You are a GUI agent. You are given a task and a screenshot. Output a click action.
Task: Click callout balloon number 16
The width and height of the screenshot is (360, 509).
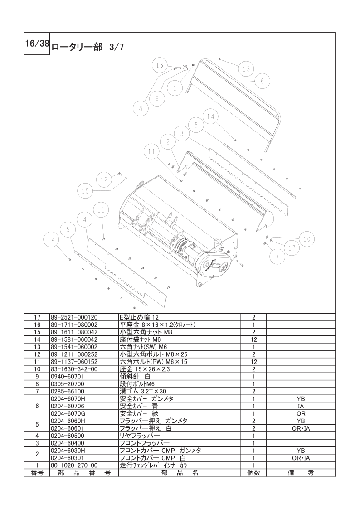point(160,65)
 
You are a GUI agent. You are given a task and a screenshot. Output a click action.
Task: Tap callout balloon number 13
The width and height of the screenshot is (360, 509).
point(246,69)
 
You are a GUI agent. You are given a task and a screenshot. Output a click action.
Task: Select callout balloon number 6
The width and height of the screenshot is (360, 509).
point(262,81)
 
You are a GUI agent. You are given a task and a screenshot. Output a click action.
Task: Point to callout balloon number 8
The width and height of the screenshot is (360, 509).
point(141,108)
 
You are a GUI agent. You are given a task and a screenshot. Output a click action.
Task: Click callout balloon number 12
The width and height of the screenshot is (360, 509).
point(104,179)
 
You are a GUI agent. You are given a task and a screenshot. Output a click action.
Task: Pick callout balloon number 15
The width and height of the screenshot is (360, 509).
point(85,191)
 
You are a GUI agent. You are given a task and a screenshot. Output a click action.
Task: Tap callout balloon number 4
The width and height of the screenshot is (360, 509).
point(85,220)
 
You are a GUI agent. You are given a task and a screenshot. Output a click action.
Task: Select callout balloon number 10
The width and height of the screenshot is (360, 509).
point(307,239)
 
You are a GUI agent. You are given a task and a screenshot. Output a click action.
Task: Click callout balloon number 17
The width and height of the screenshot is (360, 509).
point(292,247)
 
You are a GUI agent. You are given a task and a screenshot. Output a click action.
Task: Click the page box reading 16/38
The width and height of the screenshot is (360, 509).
point(37,44)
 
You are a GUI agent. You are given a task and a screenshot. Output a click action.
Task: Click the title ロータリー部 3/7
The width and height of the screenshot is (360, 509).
point(88,47)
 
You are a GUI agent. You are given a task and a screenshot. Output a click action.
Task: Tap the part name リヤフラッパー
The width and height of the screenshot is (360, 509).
point(140,436)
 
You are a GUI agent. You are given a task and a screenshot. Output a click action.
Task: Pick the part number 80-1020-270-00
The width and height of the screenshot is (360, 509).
point(74,465)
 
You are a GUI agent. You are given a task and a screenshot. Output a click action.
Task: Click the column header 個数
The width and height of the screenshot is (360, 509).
point(253,473)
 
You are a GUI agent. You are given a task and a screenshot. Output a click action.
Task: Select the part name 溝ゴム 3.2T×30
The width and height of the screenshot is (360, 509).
point(143,392)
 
